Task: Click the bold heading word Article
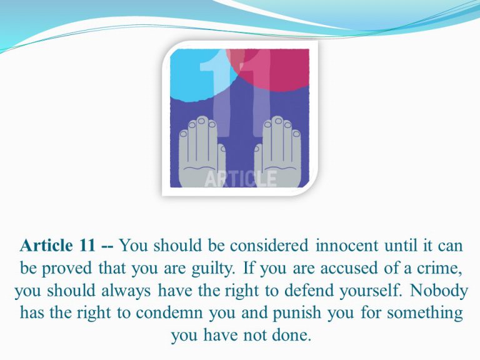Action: tap(46, 245)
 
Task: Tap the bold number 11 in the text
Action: tap(87, 245)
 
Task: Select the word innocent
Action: tap(347, 245)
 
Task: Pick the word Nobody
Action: tap(439, 291)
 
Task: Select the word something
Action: tap(424, 313)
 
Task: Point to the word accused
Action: tap(349, 269)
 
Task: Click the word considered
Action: tap(269, 245)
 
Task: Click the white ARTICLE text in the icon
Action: tap(240, 179)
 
